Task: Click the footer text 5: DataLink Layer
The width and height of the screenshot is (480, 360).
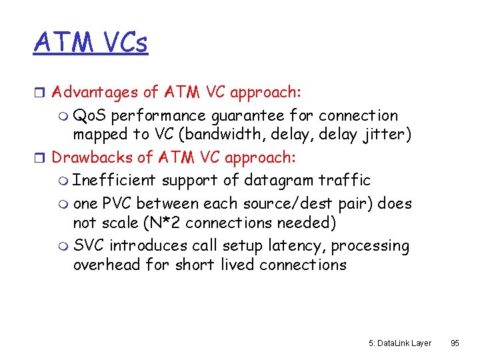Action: (x=400, y=343)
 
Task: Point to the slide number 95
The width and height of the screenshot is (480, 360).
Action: (x=455, y=343)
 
